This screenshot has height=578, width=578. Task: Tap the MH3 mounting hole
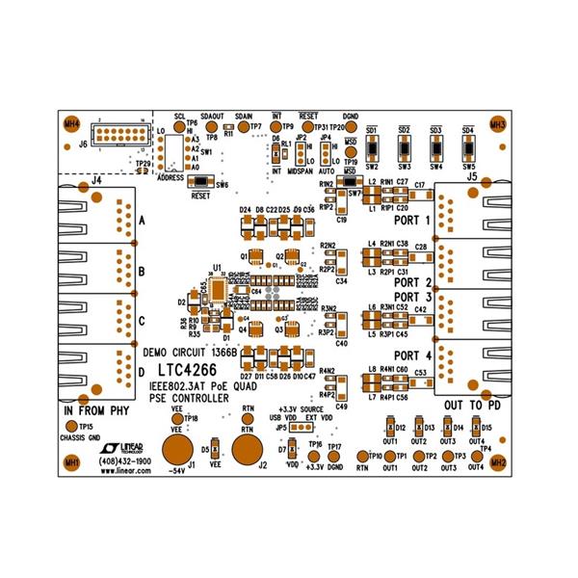pyautogui.click(x=497, y=124)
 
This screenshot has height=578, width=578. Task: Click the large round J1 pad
pyautogui.click(x=177, y=448)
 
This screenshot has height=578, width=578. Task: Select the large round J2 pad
pyautogui.click(x=248, y=448)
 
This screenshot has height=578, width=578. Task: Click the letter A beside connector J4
pyautogui.click(x=142, y=220)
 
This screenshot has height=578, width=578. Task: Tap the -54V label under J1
pyautogui.click(x=175, y=472)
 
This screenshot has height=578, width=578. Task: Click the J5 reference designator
pyautogui.click(x=471, y=177)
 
